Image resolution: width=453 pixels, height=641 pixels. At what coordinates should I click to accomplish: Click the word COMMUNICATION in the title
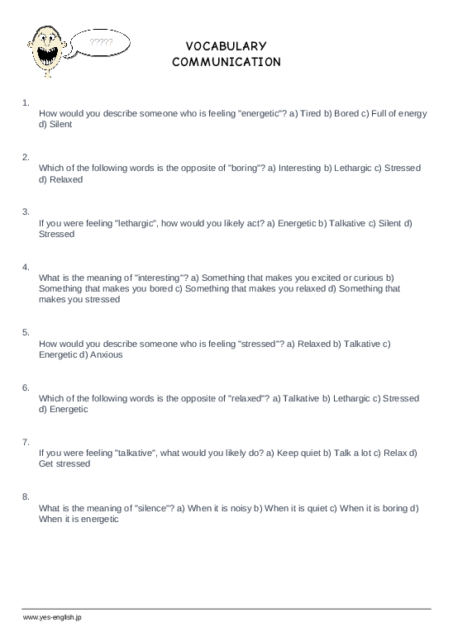pos(226,61)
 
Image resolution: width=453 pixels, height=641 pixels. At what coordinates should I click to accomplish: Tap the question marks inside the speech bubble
pos(99,40)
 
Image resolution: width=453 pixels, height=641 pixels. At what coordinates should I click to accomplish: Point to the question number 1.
pos(26,102)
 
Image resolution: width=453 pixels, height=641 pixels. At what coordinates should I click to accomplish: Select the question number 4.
pos(26,267)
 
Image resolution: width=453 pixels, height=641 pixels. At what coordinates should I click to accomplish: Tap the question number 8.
pos(26,496)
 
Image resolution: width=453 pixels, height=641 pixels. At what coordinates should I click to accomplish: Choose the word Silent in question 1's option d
pos(60,125)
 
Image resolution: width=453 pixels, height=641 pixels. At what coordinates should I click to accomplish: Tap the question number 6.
pos(26,387)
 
